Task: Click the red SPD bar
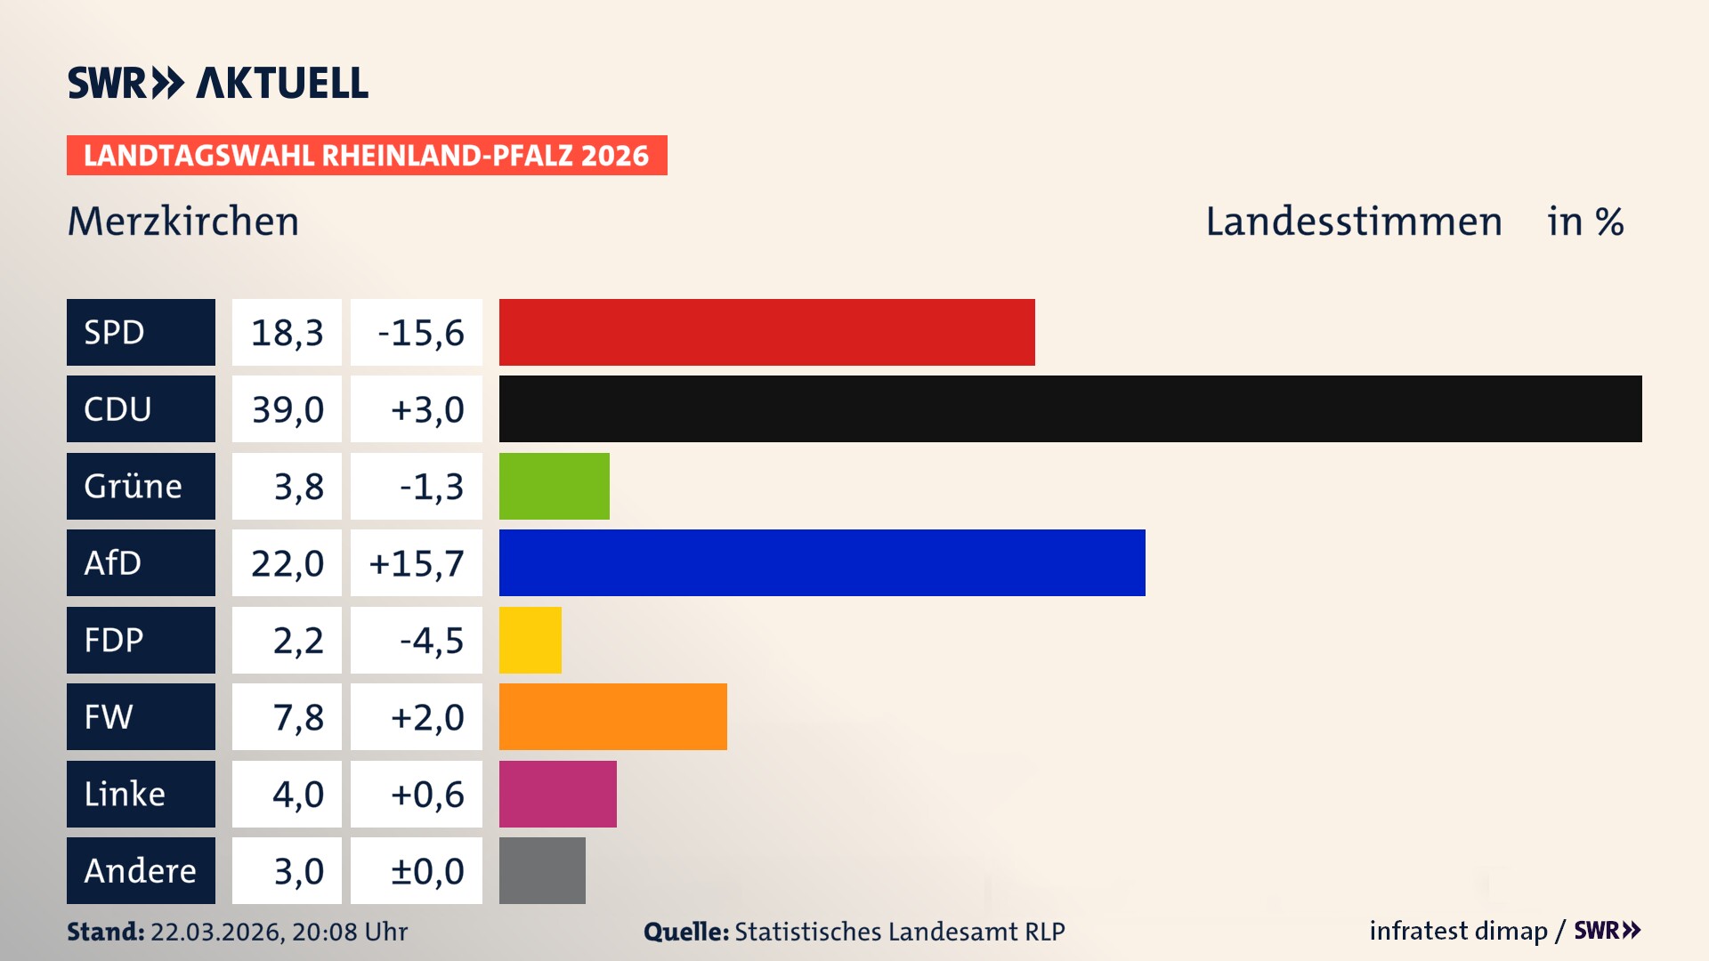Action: pos(766,332)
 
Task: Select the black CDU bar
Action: pos(1070,408)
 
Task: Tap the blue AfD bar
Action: pos(822,562)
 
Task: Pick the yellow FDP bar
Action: pos(530,640)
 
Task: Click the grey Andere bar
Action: pos(542,870)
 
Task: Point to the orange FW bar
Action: pos(612,716)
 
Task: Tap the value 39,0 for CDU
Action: pos(287,409)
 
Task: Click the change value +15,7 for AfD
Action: pos(417,563)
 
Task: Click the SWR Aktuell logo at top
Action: pos(218,83)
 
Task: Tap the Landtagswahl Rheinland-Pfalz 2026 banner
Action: pos(366,156)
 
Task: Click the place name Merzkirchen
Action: pos(183,222)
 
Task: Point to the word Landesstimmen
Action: pos(1353,222)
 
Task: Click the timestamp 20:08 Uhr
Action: pos(349,932)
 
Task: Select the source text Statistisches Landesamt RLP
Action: pos(899,932)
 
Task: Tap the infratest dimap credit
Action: pos(1458,931)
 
